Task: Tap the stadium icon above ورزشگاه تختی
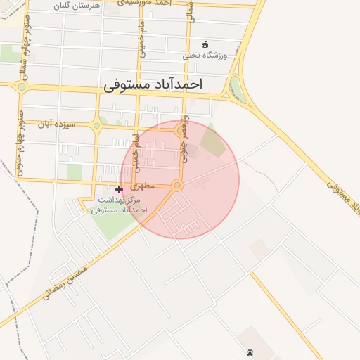click(x=205, y=44)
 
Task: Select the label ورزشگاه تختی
click(x=205, y=55)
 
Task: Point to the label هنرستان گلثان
click(x=77, y=5)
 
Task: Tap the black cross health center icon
click(x=119, y=189)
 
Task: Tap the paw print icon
click(x=250, y=352)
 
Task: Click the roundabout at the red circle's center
click(x=177, y=186)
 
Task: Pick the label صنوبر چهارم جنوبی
click(x=22, y=141)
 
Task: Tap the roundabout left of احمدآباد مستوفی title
click(x=22, y=86)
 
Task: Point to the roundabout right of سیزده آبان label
click(x=96, y=126)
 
